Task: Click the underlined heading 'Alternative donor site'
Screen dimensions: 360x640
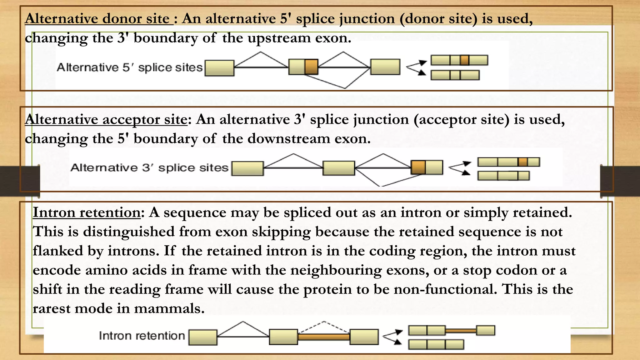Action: pos(99,19)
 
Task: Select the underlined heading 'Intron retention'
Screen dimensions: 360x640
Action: pos(87,213)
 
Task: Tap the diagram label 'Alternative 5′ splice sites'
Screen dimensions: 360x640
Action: pos(130,67)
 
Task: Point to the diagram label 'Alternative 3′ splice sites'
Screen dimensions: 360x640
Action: pos(149,168)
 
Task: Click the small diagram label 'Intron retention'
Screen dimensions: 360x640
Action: pos(142,336)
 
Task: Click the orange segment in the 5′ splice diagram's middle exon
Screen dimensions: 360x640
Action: pos(311,67)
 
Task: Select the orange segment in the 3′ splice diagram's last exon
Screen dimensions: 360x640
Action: pos(418,167)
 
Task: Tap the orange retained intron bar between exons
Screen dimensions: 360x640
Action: pos(324,337)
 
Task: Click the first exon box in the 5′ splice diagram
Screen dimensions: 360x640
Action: pos(220,68)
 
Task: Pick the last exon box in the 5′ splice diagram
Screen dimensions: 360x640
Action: pos(385,67)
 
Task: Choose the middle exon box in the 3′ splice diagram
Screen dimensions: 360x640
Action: pos(339,168)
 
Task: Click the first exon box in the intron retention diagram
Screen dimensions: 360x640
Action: pos(203,337)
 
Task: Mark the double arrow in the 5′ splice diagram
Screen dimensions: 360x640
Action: pos(416,67)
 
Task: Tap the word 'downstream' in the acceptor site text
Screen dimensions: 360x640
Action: pos(289,139)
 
